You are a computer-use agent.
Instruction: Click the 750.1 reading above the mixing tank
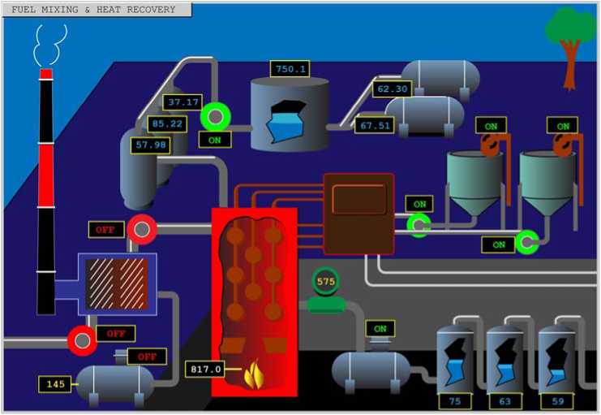(x=290, y=69)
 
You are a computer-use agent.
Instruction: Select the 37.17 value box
(x=182, y=102)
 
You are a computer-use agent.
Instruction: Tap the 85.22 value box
(x=167, y=124)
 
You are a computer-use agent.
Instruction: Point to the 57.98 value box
(x=151, y=145)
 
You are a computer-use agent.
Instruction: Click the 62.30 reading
(x=392, y=89)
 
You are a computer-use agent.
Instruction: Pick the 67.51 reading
(x=375, y=125)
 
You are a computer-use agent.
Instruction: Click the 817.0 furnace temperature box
(x=205, y=370)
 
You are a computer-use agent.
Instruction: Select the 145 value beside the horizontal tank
(x=55, y=384)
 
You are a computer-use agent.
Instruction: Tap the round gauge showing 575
(x=325, y=281)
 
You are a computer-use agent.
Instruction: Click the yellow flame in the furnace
(x=254, y=375)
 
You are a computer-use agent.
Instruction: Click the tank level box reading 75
(x=454, y=401)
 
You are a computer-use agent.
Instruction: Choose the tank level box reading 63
(x=505, y=401)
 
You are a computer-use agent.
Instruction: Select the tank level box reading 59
(x=557, y=401)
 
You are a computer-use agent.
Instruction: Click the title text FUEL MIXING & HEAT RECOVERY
(x=93, y=10)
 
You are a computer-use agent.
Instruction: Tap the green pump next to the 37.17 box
(x=216, y=117)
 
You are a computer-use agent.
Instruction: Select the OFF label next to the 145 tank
(x=147, y=357)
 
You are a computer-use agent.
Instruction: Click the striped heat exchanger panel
(x=117, y=284)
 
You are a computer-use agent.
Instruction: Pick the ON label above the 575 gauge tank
(x=380, y=329)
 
